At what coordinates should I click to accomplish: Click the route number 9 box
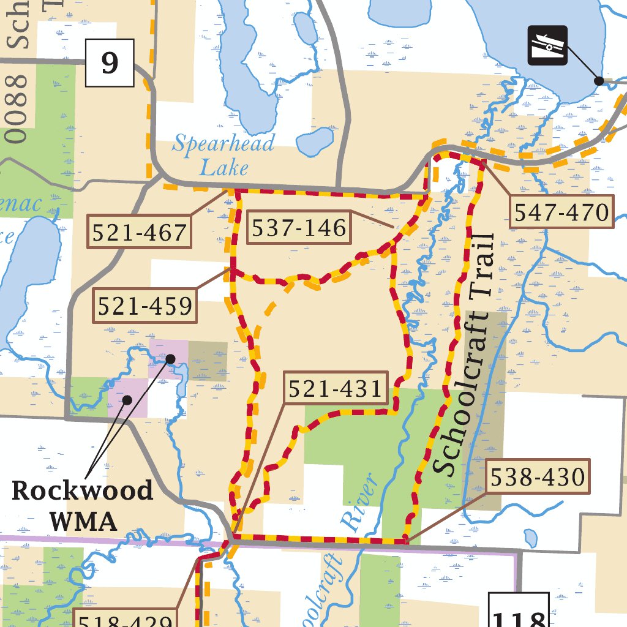pyautogui.click(x=110, y=62)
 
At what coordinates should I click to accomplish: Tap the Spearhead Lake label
pyautogui.click(x=222, y=155)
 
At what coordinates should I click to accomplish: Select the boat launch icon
pyautogui.click(x=547, y=45)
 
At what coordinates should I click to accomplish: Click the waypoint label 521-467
pyautogui.click(x=138, y=232)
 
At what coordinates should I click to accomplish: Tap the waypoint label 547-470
pyautogui.click(x=561, y=212)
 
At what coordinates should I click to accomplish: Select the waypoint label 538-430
pyautogui.click(x=539, y=476)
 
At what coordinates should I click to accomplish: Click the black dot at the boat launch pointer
pyautogui.click(x=599, y=80)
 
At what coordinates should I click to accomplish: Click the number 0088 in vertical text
pyautogui.click(x=18, y=109)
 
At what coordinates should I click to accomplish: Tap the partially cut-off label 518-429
pyautogui.click(x=125, y=620)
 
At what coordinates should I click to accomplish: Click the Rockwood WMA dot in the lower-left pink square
pyautogui.click(x=127, y=400)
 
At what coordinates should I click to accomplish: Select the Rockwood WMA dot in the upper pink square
pyautogui.click(x=170, y=358)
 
